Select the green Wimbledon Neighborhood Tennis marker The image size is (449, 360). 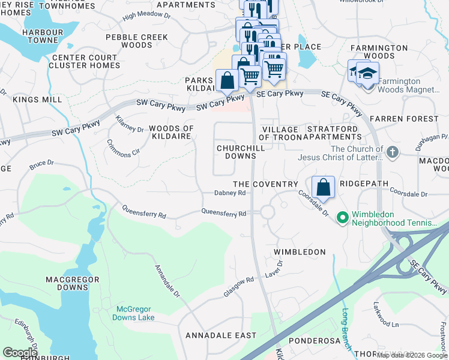tap(343, 217)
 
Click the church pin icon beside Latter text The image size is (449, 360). tap(393, 152)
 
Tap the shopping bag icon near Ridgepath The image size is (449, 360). tap(323, 187)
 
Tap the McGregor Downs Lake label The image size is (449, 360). tap(135, 313)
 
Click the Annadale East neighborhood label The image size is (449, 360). tap(220, 335)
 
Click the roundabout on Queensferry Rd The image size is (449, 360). tap(267, 212)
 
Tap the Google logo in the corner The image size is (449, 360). tap(20, 353)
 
